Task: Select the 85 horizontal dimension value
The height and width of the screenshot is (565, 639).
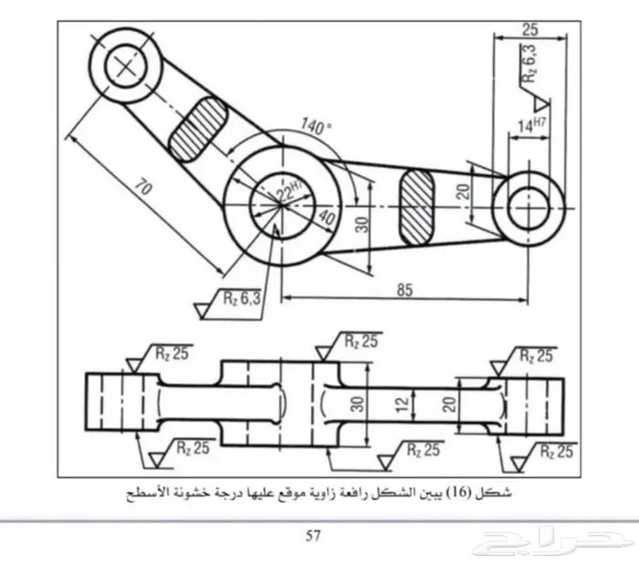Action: (x=405, y=290)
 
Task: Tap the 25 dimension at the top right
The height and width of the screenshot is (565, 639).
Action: (x=529, y=29)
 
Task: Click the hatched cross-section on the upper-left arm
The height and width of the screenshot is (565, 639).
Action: (x=198, y=128)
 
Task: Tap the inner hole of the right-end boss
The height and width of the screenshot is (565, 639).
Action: (x=528, y=204)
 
